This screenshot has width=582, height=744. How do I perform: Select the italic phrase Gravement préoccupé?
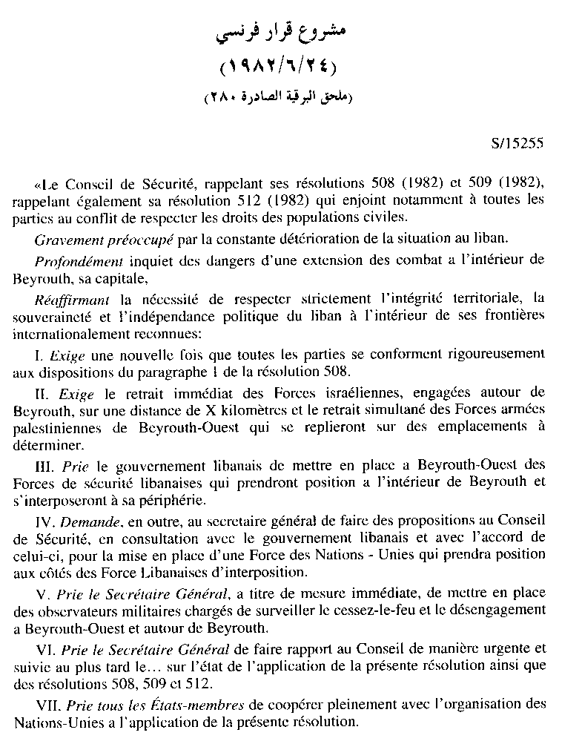click(x=87, y=238)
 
